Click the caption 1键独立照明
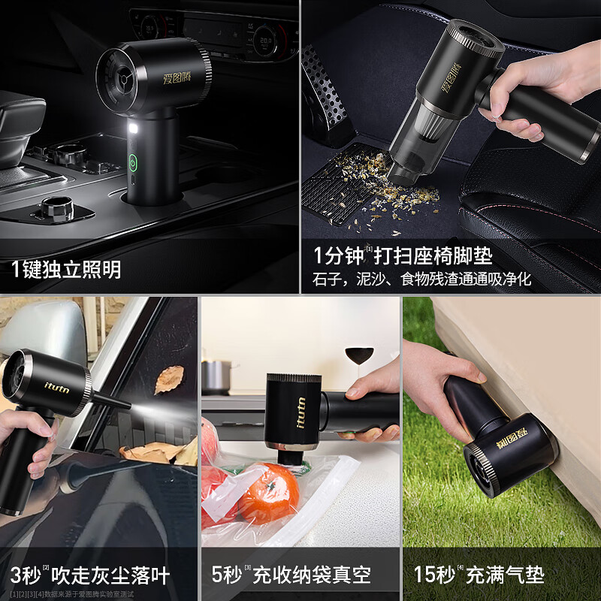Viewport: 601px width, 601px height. tap(66, 269)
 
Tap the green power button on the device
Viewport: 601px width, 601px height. tap(133, 162)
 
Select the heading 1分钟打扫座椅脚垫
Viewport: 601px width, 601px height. tap(403, 255)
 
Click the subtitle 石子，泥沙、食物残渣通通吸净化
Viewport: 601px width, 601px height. tap(421, 279)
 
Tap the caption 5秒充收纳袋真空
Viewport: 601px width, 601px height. tap(291, 576)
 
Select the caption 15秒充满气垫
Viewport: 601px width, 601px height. tap(479, 576)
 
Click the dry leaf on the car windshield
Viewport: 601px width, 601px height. tap(169, 379)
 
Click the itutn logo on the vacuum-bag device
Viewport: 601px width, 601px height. tap(301, 412)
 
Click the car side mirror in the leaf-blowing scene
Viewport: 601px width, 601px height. tap(38, 331)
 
